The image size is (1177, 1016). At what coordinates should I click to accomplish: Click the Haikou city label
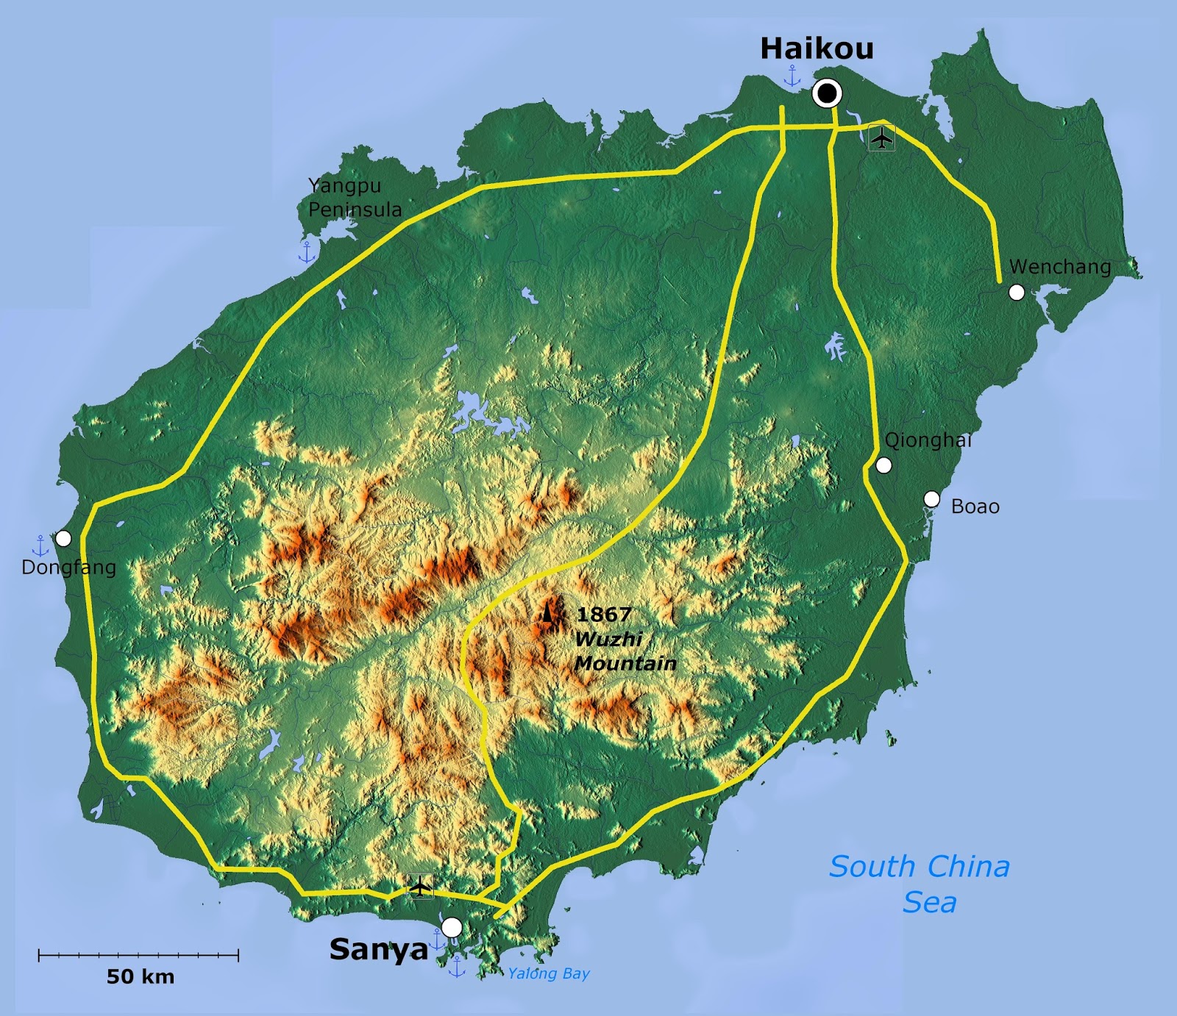817,49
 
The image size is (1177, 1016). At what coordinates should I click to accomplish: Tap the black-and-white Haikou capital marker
827,93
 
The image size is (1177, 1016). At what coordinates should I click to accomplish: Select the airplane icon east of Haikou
881,137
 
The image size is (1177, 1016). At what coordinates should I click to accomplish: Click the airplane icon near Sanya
420,886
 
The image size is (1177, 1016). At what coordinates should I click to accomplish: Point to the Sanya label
378,949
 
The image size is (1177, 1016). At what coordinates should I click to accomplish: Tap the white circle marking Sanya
452,927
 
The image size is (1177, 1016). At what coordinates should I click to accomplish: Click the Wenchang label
1059,266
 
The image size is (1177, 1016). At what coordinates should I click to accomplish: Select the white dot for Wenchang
1017,293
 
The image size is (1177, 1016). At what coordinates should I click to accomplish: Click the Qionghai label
928,440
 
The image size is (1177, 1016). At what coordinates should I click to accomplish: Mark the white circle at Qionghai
884,465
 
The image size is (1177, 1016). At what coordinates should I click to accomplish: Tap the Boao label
975,507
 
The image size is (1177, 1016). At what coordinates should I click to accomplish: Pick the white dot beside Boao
931,499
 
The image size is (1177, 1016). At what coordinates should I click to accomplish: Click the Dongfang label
68,568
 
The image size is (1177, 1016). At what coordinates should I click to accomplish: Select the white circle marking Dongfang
63,539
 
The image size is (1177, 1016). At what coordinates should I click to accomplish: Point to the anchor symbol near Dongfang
40,545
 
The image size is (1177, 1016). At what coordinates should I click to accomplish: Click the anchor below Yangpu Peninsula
307,252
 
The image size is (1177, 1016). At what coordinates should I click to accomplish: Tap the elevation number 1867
603,615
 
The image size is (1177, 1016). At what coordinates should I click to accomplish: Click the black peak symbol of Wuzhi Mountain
547,612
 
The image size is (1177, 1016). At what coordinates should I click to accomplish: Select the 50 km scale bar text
141,976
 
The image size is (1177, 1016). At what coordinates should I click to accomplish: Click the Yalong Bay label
549,973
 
